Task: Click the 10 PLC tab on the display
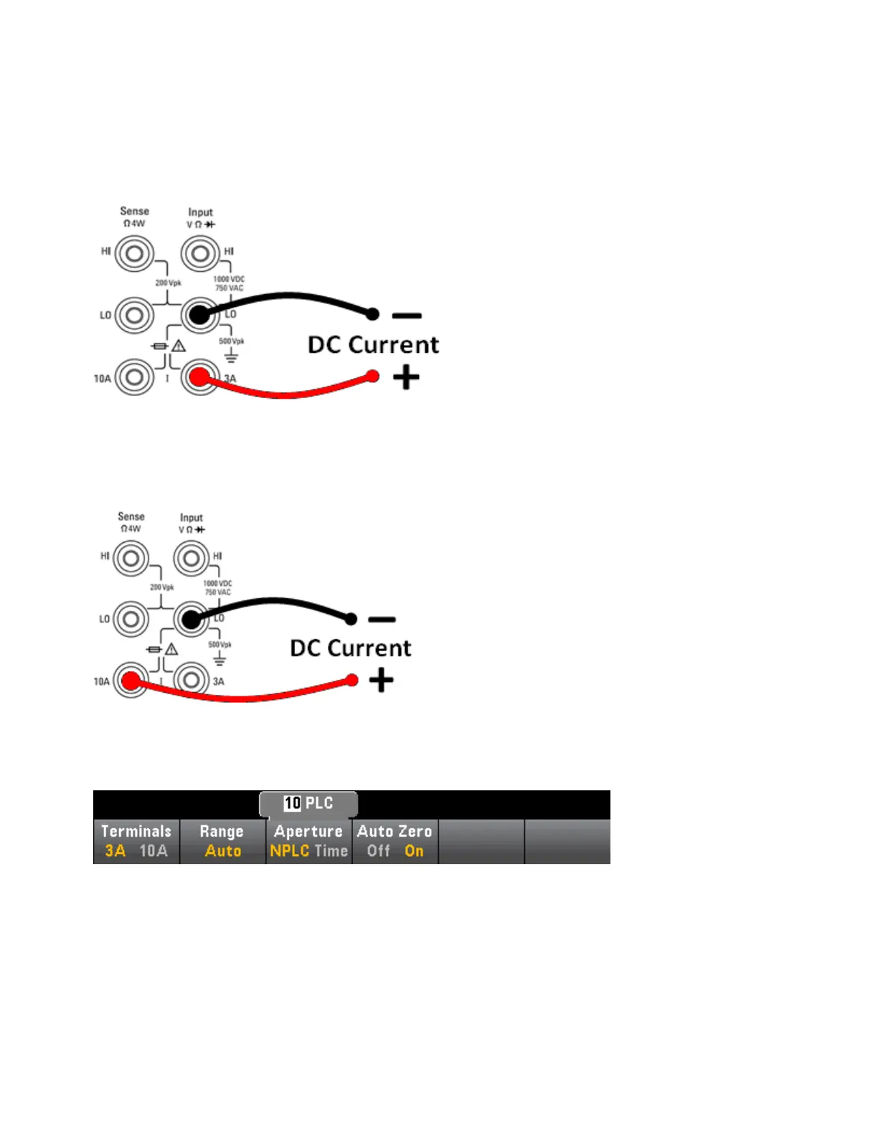tap(308, 803)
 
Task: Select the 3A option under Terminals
tap(115, 851)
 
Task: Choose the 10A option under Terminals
tap(153, 851)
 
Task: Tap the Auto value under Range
tap(222, 851)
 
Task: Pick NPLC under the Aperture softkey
tap(289, 851)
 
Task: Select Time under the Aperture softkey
tap(331, 851)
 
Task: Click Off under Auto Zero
tap(378, 851)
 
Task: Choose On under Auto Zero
tap(414, 851)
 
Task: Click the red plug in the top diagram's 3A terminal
tap(199, 377)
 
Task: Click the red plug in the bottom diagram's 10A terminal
tap(131, 681)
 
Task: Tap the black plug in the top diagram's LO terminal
tap(199, 314)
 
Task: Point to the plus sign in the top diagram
tap(406, 377)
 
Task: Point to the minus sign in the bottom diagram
tap(382, 619)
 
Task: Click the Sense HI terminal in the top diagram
tap(135, 253)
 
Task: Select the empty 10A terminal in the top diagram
tap(135, 377)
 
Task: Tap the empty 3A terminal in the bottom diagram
tap(192, 681)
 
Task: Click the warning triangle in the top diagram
tap(179, 346)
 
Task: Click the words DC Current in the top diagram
tap(373, 345)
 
